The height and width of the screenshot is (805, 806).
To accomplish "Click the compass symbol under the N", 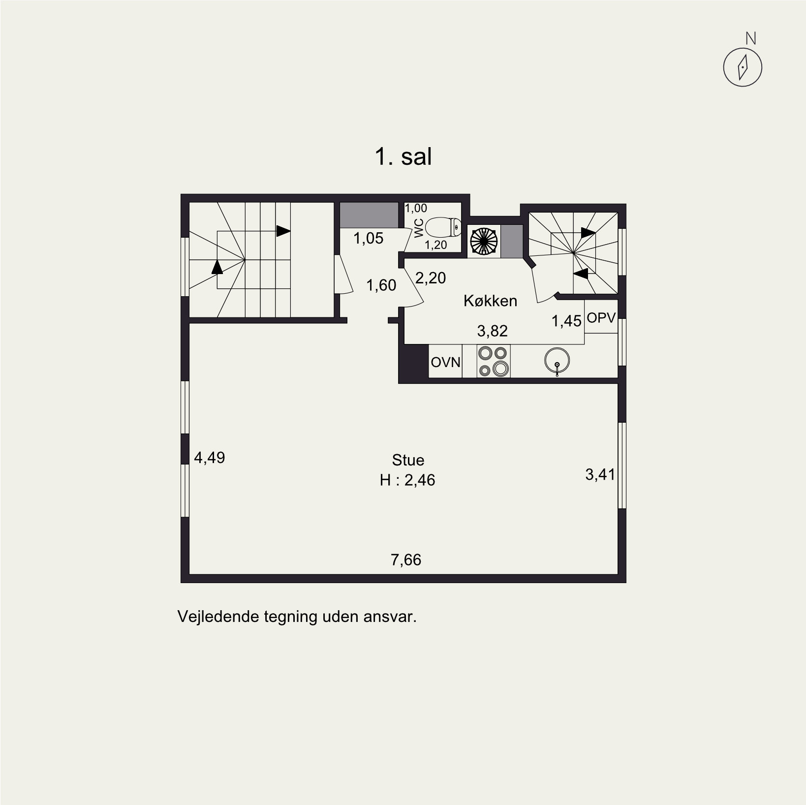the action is tap(743, 67).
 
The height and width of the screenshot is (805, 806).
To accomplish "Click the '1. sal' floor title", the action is tap(403, 157).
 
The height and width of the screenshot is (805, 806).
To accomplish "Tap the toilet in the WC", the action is tap(443, 228).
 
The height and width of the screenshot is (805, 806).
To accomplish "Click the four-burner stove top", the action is tap(494, 361).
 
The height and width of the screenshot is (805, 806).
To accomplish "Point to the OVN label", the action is tap(446, 363).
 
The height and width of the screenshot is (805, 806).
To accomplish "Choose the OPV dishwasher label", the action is tap(601, 318).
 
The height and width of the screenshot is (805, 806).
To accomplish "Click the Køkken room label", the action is tap(490, 301).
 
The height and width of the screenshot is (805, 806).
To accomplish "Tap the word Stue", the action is tap(408, 460).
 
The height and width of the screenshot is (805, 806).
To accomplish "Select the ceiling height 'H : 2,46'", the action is tap(407, 480).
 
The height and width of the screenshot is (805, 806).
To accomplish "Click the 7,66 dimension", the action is tap(406, 560).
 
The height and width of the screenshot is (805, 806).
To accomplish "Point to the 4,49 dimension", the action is tap(210, 458).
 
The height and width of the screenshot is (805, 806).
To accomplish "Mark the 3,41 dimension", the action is tap(600, 475).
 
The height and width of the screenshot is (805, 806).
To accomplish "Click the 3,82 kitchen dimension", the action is tap(492, 331).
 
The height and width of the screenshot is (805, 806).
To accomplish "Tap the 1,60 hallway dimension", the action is tap(381, 285).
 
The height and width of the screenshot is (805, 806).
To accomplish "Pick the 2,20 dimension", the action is tap(431, 279).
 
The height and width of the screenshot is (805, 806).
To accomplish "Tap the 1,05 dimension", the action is tap(369, 239).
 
